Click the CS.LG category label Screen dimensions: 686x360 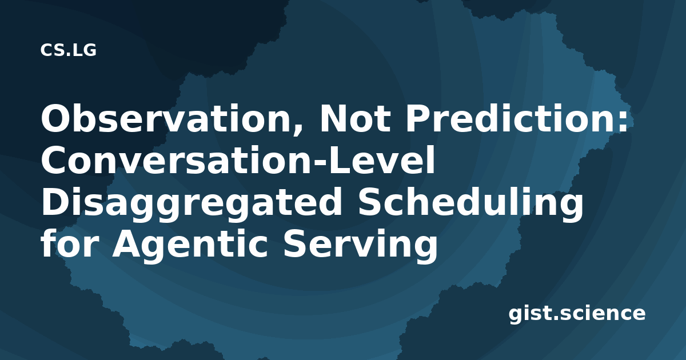pyautogui.click(x=68, y=50)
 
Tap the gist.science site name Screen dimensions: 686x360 pyautogui.click(x=577, y=314)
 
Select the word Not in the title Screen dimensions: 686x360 pyautogui.click(x=355, y=118)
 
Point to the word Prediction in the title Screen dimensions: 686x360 pyautogui.click(x=509, y=118)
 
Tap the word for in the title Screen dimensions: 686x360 pyautogui.click(x=70, y=243)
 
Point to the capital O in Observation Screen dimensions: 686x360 pyautogui.click(x=57, y=118)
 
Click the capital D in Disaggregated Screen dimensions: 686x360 pyautogui.click(x=55, y=202)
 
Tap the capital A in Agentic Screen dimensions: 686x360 pyautogui.click(x=129, y=243)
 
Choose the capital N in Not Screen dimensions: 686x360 pyautogui.click(x=334, y=118)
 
